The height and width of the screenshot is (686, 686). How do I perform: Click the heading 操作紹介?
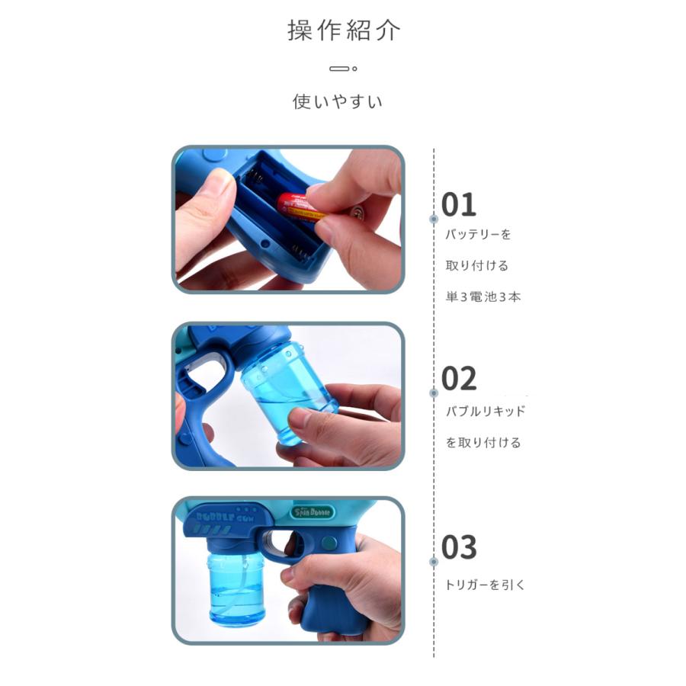click(x=344, y=30)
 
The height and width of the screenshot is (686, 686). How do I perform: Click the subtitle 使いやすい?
click(x=338, y=101)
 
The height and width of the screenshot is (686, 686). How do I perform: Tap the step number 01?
click(x=459, y=205)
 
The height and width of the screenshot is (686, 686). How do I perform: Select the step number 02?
click(x=459, y=379)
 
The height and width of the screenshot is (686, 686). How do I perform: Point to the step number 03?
click(x=459, y=547)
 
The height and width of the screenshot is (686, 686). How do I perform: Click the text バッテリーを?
click(x=478, y=235)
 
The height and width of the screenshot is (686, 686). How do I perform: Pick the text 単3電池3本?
click(x=483, y=297)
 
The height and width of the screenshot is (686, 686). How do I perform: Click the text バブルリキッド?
click(x=486, y=411)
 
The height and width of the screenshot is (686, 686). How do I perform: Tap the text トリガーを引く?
click(x=484, y=585)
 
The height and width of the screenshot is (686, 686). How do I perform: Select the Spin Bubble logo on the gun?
click(x=313, y=512)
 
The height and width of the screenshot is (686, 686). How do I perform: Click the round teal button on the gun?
click(x=328, y=543)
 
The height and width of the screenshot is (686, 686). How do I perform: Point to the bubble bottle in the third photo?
click(x=236, y=587)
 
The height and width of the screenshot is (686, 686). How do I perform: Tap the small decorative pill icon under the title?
click(x=343, y=69)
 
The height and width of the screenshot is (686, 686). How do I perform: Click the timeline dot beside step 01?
click(x=434, y=219)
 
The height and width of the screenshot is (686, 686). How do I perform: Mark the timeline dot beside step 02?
click(x=434, y=393)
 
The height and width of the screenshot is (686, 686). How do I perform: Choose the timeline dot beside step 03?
click(x=434, y=561)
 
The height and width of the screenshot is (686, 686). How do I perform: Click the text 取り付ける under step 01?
click(x=477, y=265)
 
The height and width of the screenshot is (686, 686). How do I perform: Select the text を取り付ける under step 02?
click(x=483, y=442)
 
